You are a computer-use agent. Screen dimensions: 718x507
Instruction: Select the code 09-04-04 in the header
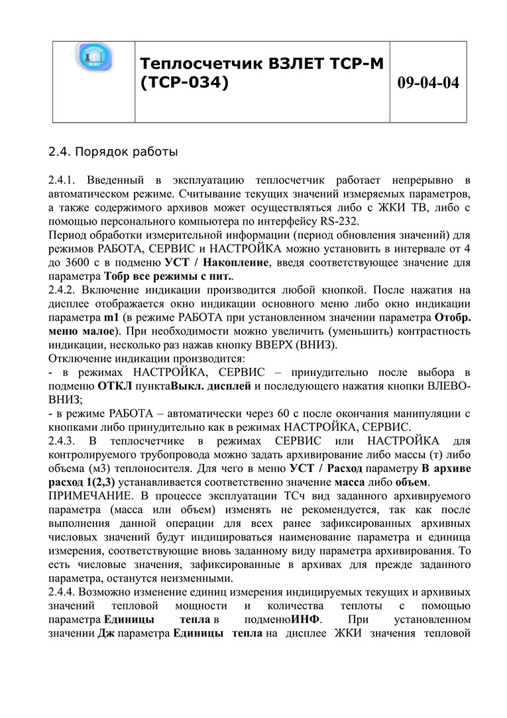tap(428, 83)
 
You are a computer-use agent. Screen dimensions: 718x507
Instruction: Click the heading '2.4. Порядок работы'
tap(113, 152)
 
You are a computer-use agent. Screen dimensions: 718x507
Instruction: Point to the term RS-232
tap(357, 222)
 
